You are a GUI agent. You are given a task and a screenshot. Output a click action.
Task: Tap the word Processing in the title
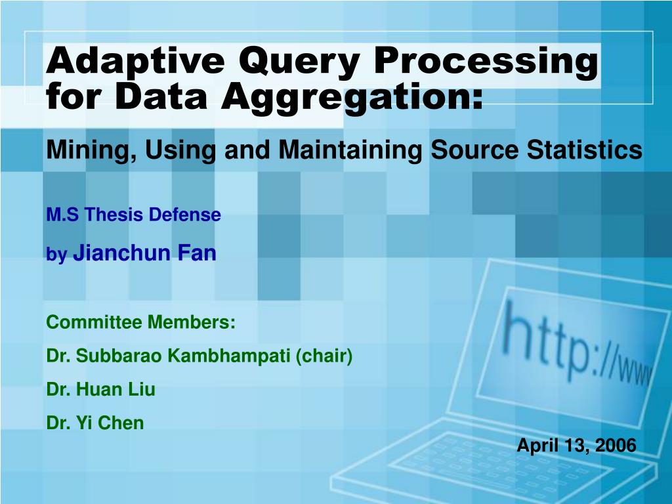pos(486,62)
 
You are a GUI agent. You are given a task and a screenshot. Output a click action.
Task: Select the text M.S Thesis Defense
pos(133,215)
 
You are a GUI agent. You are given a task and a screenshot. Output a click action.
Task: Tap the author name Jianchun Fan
pos(144,253)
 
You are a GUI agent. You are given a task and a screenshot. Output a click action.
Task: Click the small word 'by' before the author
pos(56,256)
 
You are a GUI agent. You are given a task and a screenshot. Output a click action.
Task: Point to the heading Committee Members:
pos(140,322)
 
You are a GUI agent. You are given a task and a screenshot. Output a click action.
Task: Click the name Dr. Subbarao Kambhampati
pos(168,356)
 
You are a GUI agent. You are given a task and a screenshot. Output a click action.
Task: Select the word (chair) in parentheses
pos(324,356)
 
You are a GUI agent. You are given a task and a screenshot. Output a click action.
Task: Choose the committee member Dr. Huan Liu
pos(100,390)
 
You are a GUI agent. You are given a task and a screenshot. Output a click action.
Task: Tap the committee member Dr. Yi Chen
pos(94,423)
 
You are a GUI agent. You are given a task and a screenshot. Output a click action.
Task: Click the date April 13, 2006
pos(576,446)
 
